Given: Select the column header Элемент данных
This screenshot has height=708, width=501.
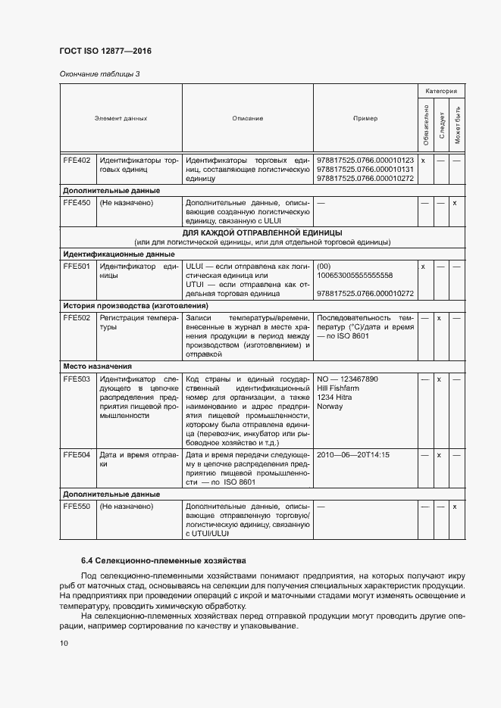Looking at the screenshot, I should [x=121, y=119].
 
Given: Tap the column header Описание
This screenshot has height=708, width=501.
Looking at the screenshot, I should [x=248, y=119].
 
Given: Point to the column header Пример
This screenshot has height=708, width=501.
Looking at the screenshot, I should [x=365, y=119].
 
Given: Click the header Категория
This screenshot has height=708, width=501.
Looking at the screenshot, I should [x=440, y=91].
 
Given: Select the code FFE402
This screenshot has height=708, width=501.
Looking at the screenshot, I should [x=77, y=161].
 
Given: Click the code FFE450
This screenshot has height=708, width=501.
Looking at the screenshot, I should [x=77, y=203].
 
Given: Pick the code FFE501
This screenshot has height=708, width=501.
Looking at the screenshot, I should [x=77, y=267].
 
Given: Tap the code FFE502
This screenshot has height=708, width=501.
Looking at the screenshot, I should [x=77, y=318].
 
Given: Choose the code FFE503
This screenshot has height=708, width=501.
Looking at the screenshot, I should [x=77, y=379].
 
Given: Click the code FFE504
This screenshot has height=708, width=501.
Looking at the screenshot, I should [x=77, y=455].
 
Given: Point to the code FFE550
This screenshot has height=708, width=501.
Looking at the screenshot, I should [x=77, y=507].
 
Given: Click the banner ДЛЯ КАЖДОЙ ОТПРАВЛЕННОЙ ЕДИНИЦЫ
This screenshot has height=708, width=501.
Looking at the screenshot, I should [x=263, y=232].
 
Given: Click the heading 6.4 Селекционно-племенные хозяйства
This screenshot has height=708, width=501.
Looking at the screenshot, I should [x=164, y=561].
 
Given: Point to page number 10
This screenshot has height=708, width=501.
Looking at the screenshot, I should [x=64, y=644].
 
